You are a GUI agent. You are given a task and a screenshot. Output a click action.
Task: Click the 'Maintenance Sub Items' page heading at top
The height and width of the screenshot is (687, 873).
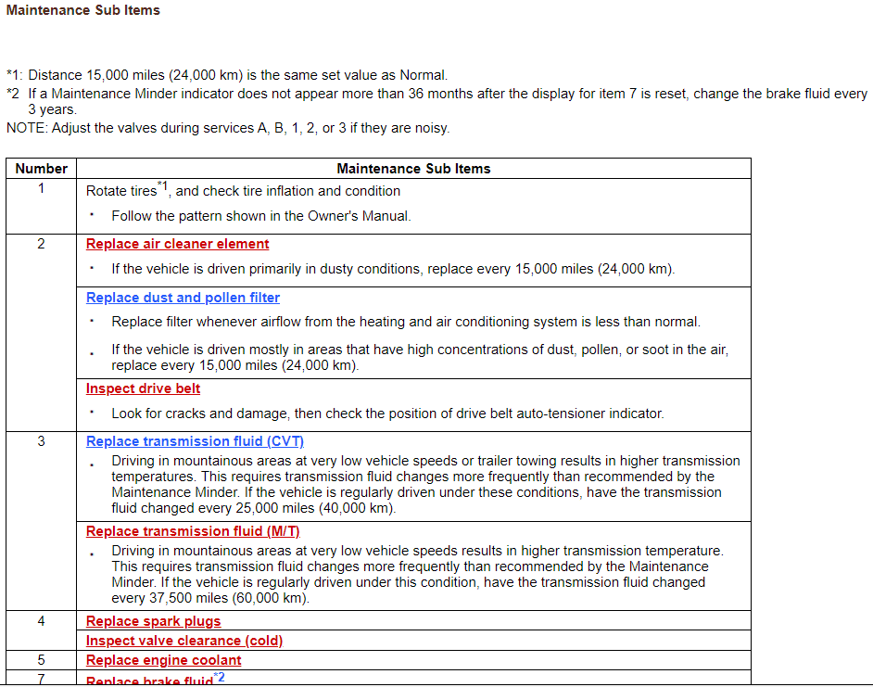82,10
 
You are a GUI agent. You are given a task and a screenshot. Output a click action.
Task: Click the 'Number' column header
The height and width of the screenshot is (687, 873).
41,169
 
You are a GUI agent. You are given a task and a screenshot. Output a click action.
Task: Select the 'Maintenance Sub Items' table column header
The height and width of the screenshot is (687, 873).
413,169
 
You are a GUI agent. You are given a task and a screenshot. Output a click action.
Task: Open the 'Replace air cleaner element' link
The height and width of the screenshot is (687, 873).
177,244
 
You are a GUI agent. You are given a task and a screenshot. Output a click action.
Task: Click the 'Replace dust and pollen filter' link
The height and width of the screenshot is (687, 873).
183,298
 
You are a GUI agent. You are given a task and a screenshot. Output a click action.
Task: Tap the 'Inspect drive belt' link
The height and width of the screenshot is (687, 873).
143,388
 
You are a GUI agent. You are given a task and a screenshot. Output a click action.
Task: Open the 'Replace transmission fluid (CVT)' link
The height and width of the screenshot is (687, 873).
195,441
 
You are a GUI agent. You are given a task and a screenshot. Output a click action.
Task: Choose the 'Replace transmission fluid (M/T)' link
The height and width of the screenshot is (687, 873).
193,531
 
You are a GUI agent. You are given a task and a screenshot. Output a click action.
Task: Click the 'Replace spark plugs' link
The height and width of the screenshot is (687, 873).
153,621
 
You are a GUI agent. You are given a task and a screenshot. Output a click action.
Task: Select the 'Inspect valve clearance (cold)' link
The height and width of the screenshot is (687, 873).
184,641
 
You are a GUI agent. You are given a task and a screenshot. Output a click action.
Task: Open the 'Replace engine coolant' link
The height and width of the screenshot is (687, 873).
163,660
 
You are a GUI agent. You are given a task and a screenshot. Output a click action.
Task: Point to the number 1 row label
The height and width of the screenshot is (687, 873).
41,189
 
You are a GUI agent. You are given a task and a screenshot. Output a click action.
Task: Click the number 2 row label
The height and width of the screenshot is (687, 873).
41,244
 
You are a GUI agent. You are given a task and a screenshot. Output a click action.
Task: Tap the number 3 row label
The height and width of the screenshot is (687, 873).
41,441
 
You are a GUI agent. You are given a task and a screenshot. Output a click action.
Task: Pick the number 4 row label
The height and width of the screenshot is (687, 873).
41,621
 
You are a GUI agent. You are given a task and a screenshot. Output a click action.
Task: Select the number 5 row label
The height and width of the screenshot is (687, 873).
41,660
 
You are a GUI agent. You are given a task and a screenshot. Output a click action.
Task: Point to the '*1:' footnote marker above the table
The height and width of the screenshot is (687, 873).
16,75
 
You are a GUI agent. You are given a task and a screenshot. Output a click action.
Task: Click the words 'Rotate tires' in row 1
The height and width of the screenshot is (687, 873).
121,191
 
